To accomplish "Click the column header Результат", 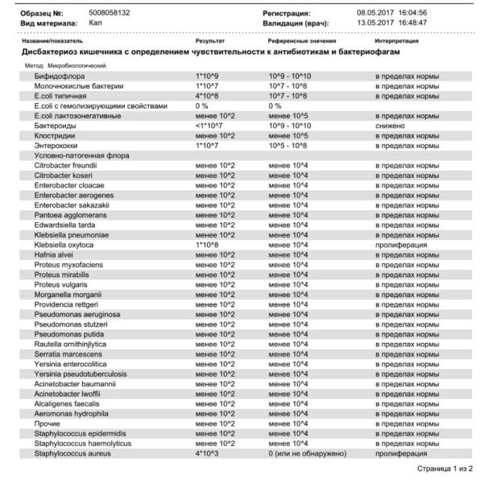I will (x=210, y=39).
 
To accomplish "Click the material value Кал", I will (x=95, y=23).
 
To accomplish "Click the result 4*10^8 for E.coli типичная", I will (x=209, y=96).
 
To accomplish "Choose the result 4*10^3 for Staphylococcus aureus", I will (x=209, y=453).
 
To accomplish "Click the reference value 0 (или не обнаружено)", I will (x=308, y=453).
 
